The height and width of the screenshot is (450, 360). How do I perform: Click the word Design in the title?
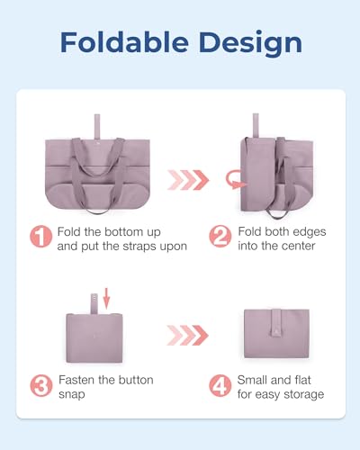click(x=246, y=42)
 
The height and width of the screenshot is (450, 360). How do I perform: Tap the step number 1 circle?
click(x=41, y=238)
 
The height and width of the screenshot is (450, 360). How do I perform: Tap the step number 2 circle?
click(x=221, y=238)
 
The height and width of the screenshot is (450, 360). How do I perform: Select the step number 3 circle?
click(x=41, y=387)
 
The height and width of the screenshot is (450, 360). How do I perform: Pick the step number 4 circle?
click(x=221, y=387)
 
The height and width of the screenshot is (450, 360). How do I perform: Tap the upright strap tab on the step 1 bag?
click(x=90, y=124)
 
